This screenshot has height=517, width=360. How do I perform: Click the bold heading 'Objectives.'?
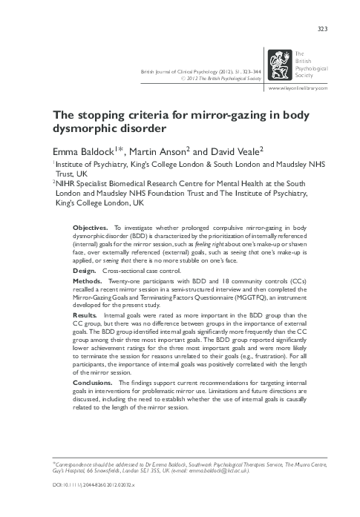click(x=91, y=225)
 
